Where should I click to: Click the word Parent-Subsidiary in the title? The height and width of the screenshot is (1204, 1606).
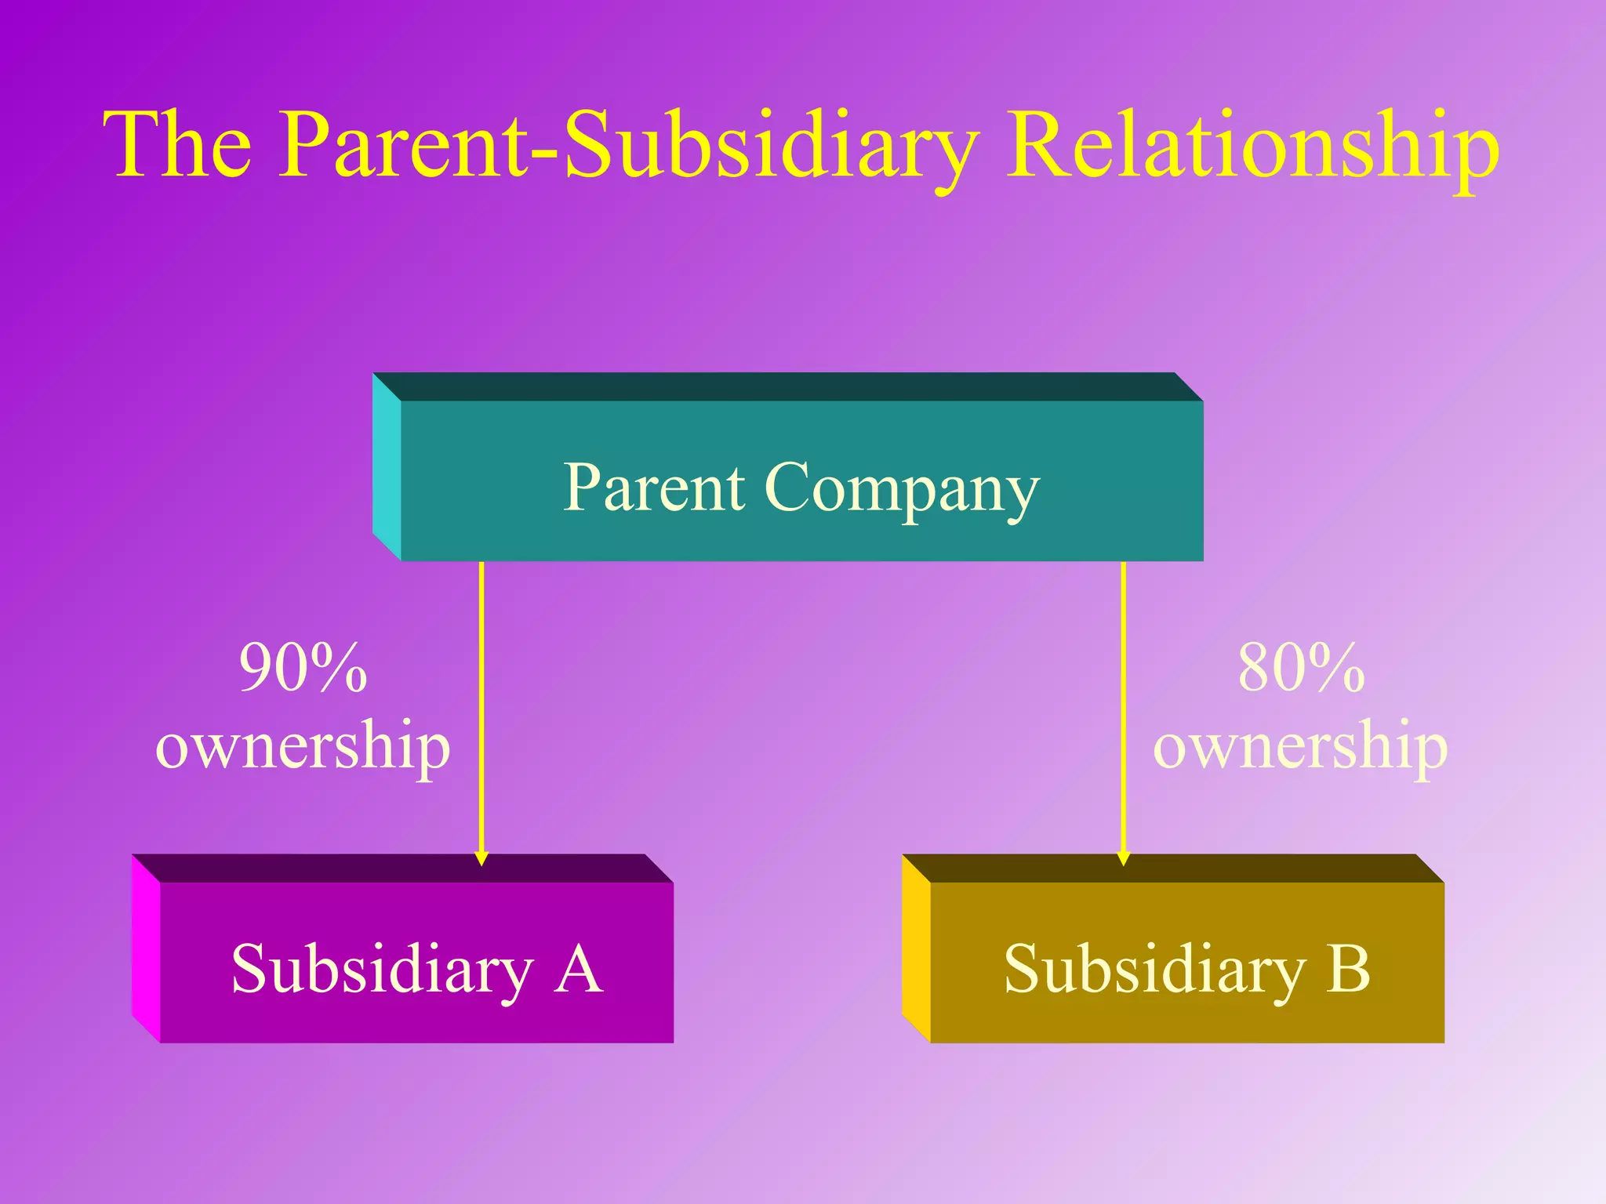pyautogui.click(x=627, y=145)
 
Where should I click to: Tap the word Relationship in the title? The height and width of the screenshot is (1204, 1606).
pyautogui.click(x=1252, y=145)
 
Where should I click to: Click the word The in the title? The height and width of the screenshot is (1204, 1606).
pyautogui.click(x=178, y=145)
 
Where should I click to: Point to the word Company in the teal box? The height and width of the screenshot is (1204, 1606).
pyautogui.click(x=902, y=490)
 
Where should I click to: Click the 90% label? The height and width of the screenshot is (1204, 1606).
pyautogui.click(x=303, y=668)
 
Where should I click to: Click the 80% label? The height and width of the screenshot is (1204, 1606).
pyautogui.click(x=1301, y=668)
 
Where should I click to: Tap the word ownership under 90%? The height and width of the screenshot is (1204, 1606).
pyautogui.click(x=303, y=746)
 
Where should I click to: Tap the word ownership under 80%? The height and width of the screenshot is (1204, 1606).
pyautogui.click(x=1300, y=746)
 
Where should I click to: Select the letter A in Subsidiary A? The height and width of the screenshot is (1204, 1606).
pyautogui.click(x=578, y=969)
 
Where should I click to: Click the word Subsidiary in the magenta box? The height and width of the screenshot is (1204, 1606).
pyautogui.click(x=382, y=970)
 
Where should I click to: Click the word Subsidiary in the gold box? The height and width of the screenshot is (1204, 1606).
pyautogui.click(x=1154, y=970)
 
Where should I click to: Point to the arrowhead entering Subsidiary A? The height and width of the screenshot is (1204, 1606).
pyautogui.click(x=481, y=858)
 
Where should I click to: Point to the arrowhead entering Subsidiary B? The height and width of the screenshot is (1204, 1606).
pyautogui.click(x=1123, y=858)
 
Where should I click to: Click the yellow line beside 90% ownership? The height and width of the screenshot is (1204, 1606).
pyautogui.click(x=481, y=705)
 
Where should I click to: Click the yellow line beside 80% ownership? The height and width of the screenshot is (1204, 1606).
pyautogui.click(x=1123, y=705)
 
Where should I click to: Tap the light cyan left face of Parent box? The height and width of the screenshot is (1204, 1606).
pyautogui.click(x=387, y=467)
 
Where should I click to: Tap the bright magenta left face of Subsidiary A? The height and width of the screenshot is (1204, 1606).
pyautogui.click(x=146, y=948)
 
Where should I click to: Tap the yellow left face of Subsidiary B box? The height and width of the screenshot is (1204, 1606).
pyautogui.click(x=916, y=948)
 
